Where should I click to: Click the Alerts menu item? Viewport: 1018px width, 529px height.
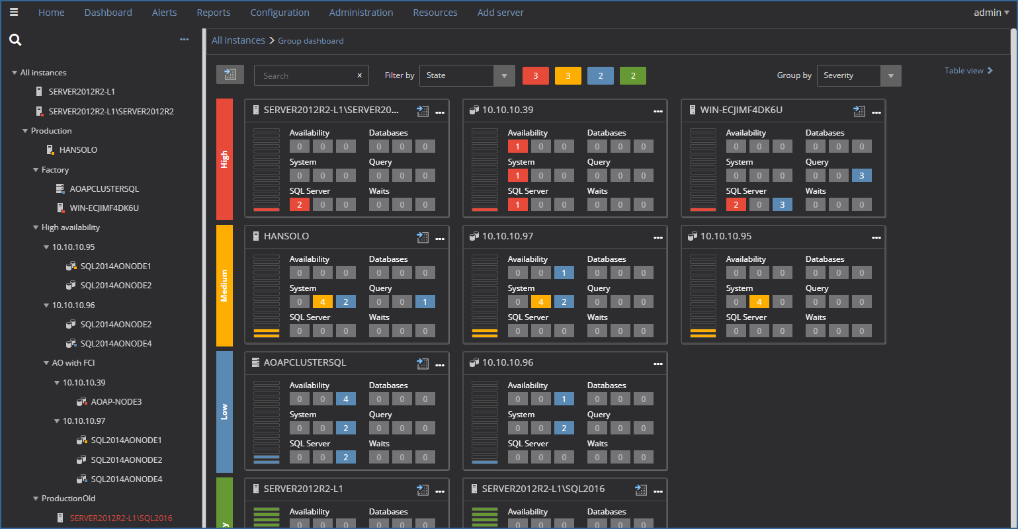[x=164, y=13]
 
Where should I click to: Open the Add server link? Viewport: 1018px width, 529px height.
[x=500, y=13]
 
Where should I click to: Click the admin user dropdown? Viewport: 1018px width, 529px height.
[x=991, y=13]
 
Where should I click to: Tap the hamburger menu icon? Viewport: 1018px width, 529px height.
[x=14, y=12]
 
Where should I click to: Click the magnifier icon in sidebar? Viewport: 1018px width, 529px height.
[x=15, y=40]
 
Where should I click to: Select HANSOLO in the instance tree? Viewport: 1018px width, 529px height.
[x=78, y=150]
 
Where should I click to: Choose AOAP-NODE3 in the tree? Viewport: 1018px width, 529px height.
[x=116, y=402]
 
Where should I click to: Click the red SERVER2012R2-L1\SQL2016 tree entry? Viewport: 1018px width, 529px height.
[x=121, y=518]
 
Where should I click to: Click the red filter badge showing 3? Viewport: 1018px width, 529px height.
[x=535, y=76]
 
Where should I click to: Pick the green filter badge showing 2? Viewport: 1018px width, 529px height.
[x=632, y=76]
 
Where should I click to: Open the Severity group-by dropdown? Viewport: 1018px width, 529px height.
[x=858, y=76]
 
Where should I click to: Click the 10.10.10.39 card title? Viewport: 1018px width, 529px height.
[x=507, y=110]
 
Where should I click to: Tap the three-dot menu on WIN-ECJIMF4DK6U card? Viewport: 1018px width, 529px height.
[x=876, y=112]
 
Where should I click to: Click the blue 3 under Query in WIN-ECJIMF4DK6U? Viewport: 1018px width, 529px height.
[x=861, y=176]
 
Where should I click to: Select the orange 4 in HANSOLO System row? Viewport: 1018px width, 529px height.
[x=322, y=302]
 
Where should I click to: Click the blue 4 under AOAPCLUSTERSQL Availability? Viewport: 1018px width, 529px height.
[x=345, y=399]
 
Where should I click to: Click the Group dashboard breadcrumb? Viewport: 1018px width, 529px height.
[x=310, y=41]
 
